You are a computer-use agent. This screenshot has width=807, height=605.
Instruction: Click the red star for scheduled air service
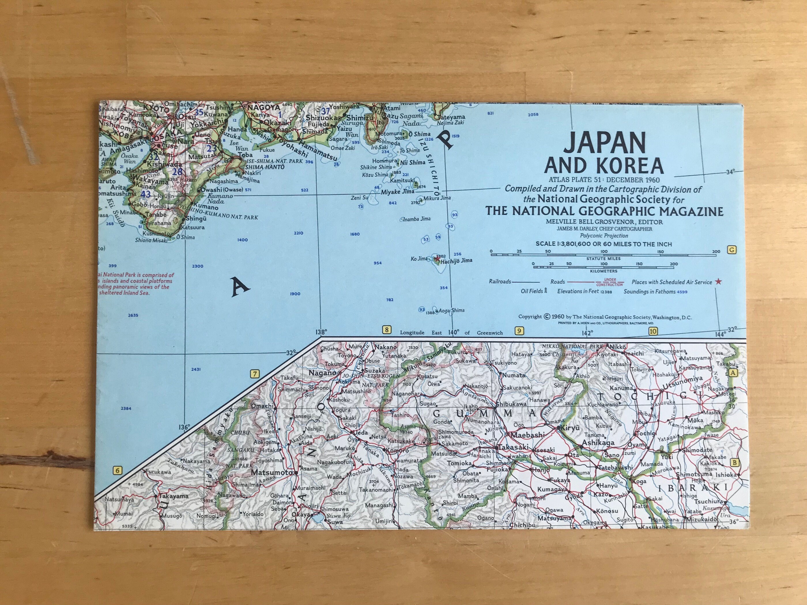point(718,281)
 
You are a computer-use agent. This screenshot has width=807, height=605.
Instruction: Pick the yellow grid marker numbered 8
point(386,330)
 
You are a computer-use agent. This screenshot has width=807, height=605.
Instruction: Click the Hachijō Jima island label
point(457,260)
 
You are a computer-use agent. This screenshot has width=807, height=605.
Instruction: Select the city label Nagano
point(321,373)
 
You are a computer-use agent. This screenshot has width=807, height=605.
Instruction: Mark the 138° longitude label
point(321,332)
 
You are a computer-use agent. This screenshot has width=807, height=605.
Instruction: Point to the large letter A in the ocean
point(240,287)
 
